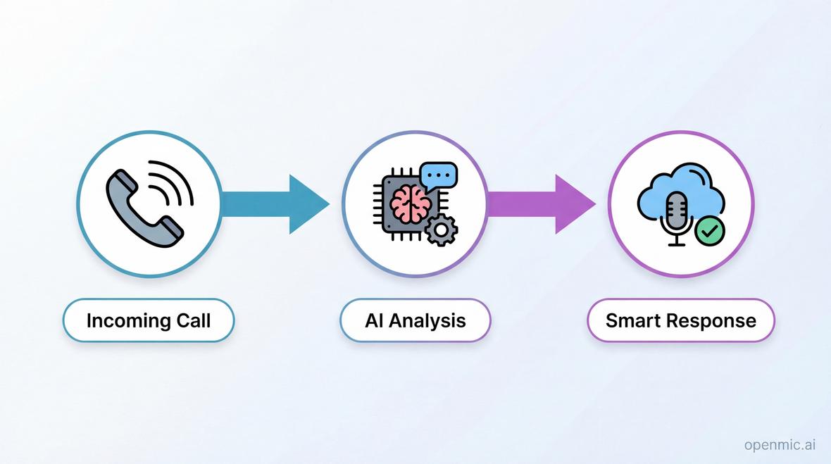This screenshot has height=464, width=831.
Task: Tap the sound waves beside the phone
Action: [173, 182]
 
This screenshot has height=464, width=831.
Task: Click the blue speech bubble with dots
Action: [438, 174]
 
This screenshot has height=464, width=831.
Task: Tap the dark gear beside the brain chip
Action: [442, 230]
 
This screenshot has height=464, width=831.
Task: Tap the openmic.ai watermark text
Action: [780, 444]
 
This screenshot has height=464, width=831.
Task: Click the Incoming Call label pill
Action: [149, 320]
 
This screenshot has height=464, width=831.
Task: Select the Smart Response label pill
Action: [680, 320]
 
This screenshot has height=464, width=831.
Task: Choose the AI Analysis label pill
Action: [415, 320]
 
